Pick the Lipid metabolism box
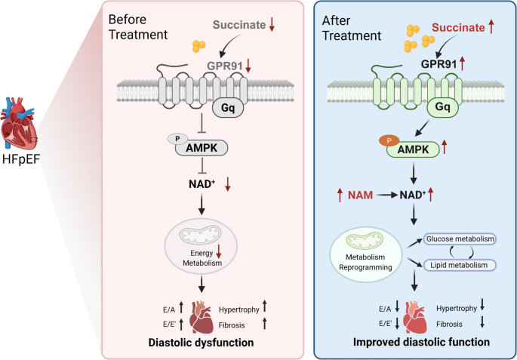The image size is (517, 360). coord(458,265)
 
